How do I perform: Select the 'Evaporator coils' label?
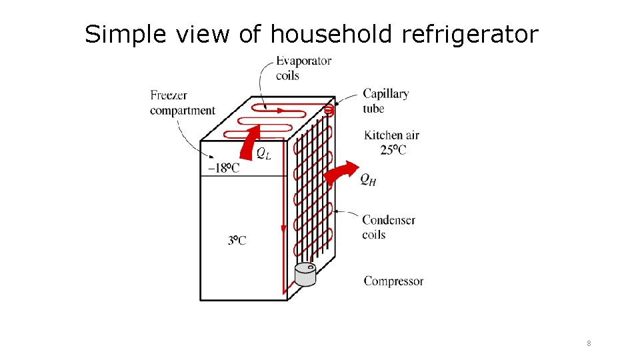point(303,68)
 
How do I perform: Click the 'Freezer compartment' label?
point(182,103)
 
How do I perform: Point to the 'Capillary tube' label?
point(385,101)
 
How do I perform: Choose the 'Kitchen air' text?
point(391,135)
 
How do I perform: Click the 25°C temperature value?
point(393,150)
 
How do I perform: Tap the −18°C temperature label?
point(224,167)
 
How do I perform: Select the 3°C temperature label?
point(237,240)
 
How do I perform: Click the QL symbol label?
point(264,154)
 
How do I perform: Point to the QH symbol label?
point(368,179)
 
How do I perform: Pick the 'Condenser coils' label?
point(388,227)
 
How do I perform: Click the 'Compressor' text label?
point(393,281)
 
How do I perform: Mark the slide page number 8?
point(589,343)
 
